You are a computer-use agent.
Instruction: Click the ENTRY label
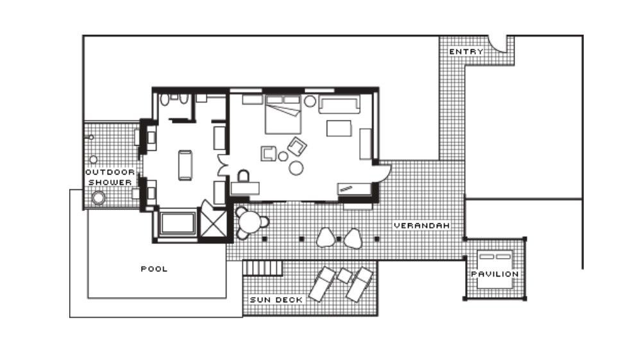466,52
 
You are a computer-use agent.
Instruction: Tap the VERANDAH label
421,226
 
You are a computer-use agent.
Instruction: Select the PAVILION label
495,274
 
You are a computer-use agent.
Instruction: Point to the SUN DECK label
276,300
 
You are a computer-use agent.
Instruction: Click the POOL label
154,269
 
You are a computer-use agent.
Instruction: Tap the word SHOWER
110,182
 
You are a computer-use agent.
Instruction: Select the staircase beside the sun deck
263,268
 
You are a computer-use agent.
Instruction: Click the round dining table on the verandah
250,222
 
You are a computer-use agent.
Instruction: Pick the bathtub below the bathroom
178,223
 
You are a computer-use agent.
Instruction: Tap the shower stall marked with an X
213,224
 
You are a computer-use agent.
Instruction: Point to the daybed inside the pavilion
495,269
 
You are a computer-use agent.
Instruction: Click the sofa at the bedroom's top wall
339,105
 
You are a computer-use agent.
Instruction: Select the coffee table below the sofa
339,128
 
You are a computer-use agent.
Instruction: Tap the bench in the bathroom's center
185,165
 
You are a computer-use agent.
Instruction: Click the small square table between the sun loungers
344,276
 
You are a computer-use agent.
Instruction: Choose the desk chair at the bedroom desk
244,176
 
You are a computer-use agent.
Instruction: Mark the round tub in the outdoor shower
99,198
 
